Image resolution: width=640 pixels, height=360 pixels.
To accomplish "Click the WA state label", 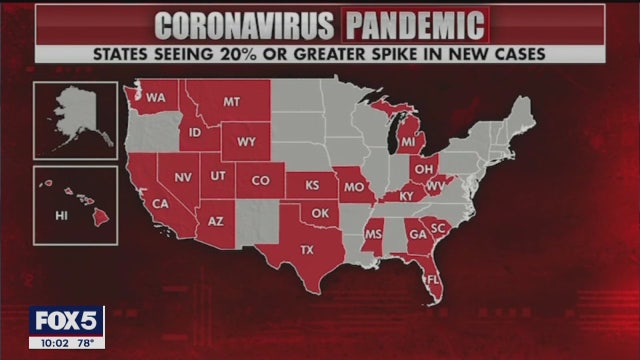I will pos(156,98).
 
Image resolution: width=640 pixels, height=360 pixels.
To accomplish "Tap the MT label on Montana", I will pos(232,102).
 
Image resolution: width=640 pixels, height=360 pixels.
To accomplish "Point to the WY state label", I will pos(246,142).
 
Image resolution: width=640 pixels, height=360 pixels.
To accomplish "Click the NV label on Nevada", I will pos(183,177).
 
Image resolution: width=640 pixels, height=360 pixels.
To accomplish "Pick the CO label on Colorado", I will pos(261,181).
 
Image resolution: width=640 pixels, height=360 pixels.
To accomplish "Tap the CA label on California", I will pos(160,204).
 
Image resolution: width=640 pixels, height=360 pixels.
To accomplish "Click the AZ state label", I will pos(215,220).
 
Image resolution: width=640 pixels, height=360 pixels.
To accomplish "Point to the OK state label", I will pos(320,213).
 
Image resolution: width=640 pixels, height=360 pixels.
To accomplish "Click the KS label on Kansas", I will pos(312,186).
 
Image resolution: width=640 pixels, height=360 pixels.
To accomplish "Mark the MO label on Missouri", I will pos(352,187).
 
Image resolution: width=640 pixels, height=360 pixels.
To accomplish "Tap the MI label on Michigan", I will pos(408,143).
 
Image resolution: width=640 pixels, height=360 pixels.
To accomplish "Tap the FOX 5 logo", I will pos(66,321).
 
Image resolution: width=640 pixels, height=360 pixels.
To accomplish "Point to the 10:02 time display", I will pos(51,342).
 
